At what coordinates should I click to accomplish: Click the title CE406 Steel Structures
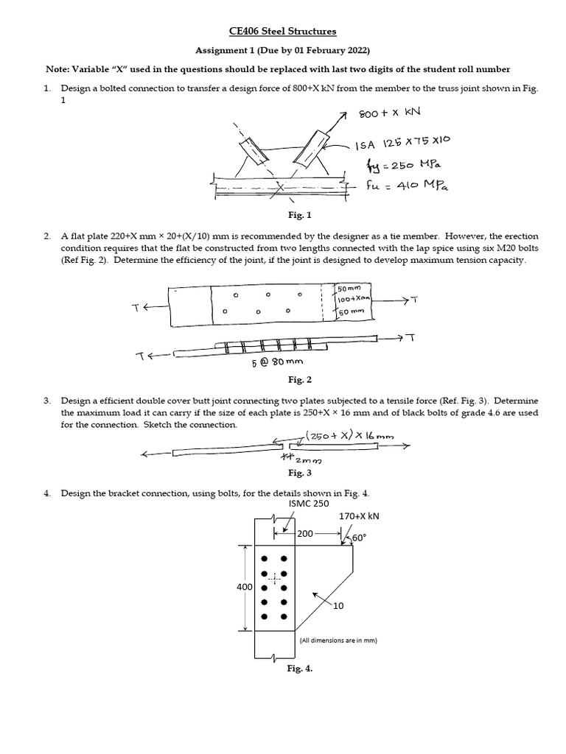[x=283, y=32]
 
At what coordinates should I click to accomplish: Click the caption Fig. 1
[x=283, y=216]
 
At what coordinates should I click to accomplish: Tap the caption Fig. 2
[x=283, y=380]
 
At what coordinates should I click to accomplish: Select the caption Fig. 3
[x=283, y=473]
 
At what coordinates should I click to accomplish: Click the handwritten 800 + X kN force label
[x=399, y=113]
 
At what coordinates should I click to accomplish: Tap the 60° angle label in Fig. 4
[x=359, y=538]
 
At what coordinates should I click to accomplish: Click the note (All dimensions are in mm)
[x=338, y=641]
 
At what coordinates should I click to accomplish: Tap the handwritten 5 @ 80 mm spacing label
[x=277, y=363]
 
